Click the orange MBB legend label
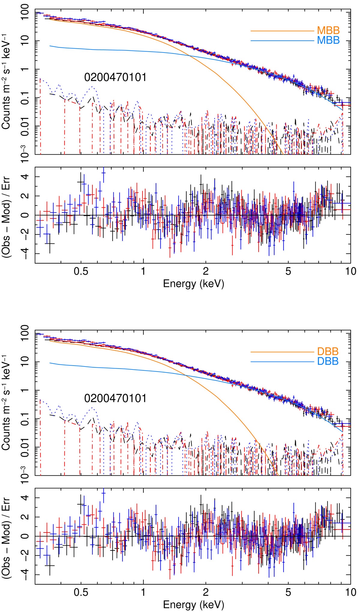328,31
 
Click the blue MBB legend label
328,40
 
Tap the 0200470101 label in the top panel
115,77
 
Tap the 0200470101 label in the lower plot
115,398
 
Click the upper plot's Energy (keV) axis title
193,284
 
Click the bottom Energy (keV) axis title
193,604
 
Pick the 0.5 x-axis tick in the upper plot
81,271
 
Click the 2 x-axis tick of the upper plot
206,271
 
